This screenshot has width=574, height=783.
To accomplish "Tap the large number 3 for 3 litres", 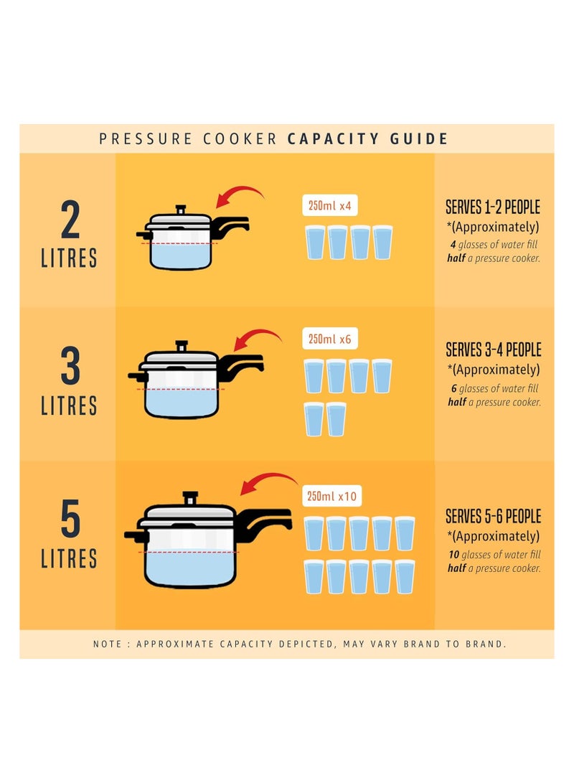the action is [70, 366].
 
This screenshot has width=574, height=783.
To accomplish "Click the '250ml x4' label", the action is [329, 205].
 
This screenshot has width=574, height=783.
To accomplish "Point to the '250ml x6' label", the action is [329, 339].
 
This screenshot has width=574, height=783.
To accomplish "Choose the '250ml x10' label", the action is [331, 496].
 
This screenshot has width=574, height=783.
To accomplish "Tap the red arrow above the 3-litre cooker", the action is [258, 336].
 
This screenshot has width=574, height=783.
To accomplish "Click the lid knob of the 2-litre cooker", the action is [181, 210].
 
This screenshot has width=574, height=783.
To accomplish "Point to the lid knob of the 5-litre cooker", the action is [190, 498].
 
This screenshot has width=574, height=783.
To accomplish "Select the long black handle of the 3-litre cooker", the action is [240, 365].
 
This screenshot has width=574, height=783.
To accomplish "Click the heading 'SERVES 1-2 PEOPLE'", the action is [493, 207].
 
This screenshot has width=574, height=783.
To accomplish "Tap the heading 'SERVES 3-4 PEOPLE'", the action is [493, 350].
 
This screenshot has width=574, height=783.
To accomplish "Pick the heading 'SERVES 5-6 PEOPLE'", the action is [493, 516].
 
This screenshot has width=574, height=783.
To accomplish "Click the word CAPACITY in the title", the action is [333, 139].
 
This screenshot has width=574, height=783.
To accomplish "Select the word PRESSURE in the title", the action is [145, 139].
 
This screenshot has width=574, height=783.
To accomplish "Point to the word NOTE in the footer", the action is [108, 644].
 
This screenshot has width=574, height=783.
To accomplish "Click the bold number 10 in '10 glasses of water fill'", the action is [453, 554].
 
